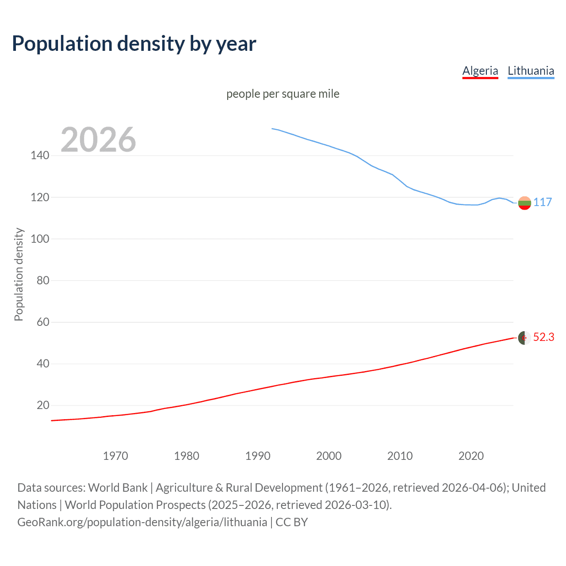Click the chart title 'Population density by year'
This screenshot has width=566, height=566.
coord(134,44)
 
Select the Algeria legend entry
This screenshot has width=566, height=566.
coord(480,71)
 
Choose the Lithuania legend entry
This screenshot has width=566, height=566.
coord(531,71)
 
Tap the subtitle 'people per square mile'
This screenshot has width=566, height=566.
coord(283,94)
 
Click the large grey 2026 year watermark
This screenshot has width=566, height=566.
coord(98,139)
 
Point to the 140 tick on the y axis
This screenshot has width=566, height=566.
coord(40,155)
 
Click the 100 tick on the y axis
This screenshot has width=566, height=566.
coord(40,239)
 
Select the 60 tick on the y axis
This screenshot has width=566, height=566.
coord(43,322)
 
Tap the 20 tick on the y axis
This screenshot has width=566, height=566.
coord(43,405)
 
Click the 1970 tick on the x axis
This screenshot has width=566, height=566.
coord(115,456)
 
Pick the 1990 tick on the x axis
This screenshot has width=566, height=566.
coord(258,456)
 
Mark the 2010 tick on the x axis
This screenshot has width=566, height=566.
coord(400,456)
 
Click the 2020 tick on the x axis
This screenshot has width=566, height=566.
coord(471,456)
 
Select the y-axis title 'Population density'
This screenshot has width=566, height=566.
coord(19,274)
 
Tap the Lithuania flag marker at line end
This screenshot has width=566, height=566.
coord(524,203)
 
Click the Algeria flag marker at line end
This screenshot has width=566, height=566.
coord(524,338)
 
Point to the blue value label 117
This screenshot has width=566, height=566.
coord(543,202)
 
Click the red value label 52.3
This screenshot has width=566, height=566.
coord(543,337)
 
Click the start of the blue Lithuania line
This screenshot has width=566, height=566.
coord(272,129)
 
